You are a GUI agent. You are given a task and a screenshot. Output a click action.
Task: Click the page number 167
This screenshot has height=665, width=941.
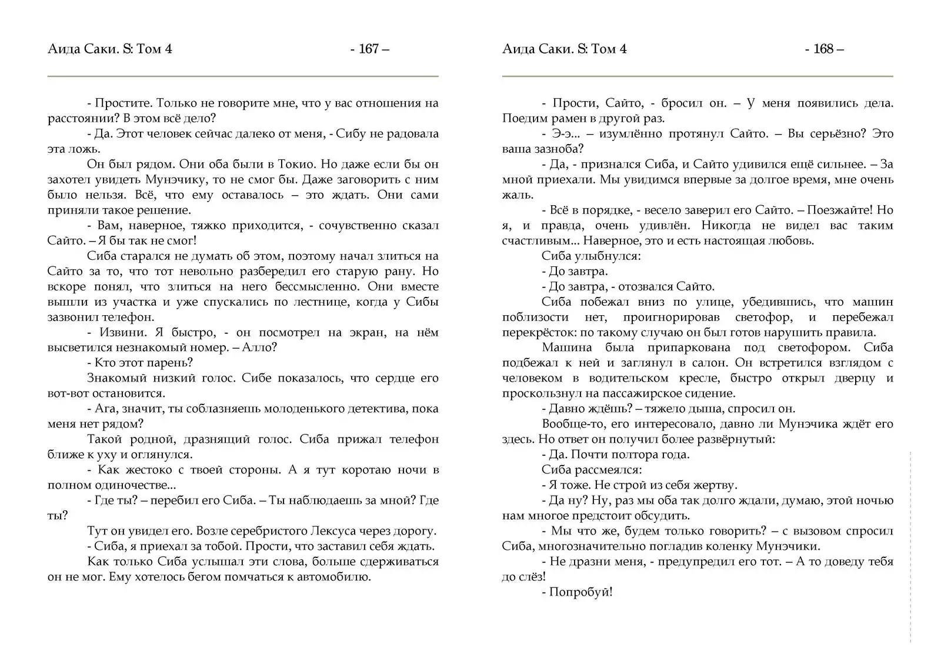coord(369,49)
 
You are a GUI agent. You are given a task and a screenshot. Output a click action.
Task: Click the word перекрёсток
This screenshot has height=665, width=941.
coord(535,332)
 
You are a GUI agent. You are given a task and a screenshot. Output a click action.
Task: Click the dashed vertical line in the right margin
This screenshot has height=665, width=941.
coord(910,547)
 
